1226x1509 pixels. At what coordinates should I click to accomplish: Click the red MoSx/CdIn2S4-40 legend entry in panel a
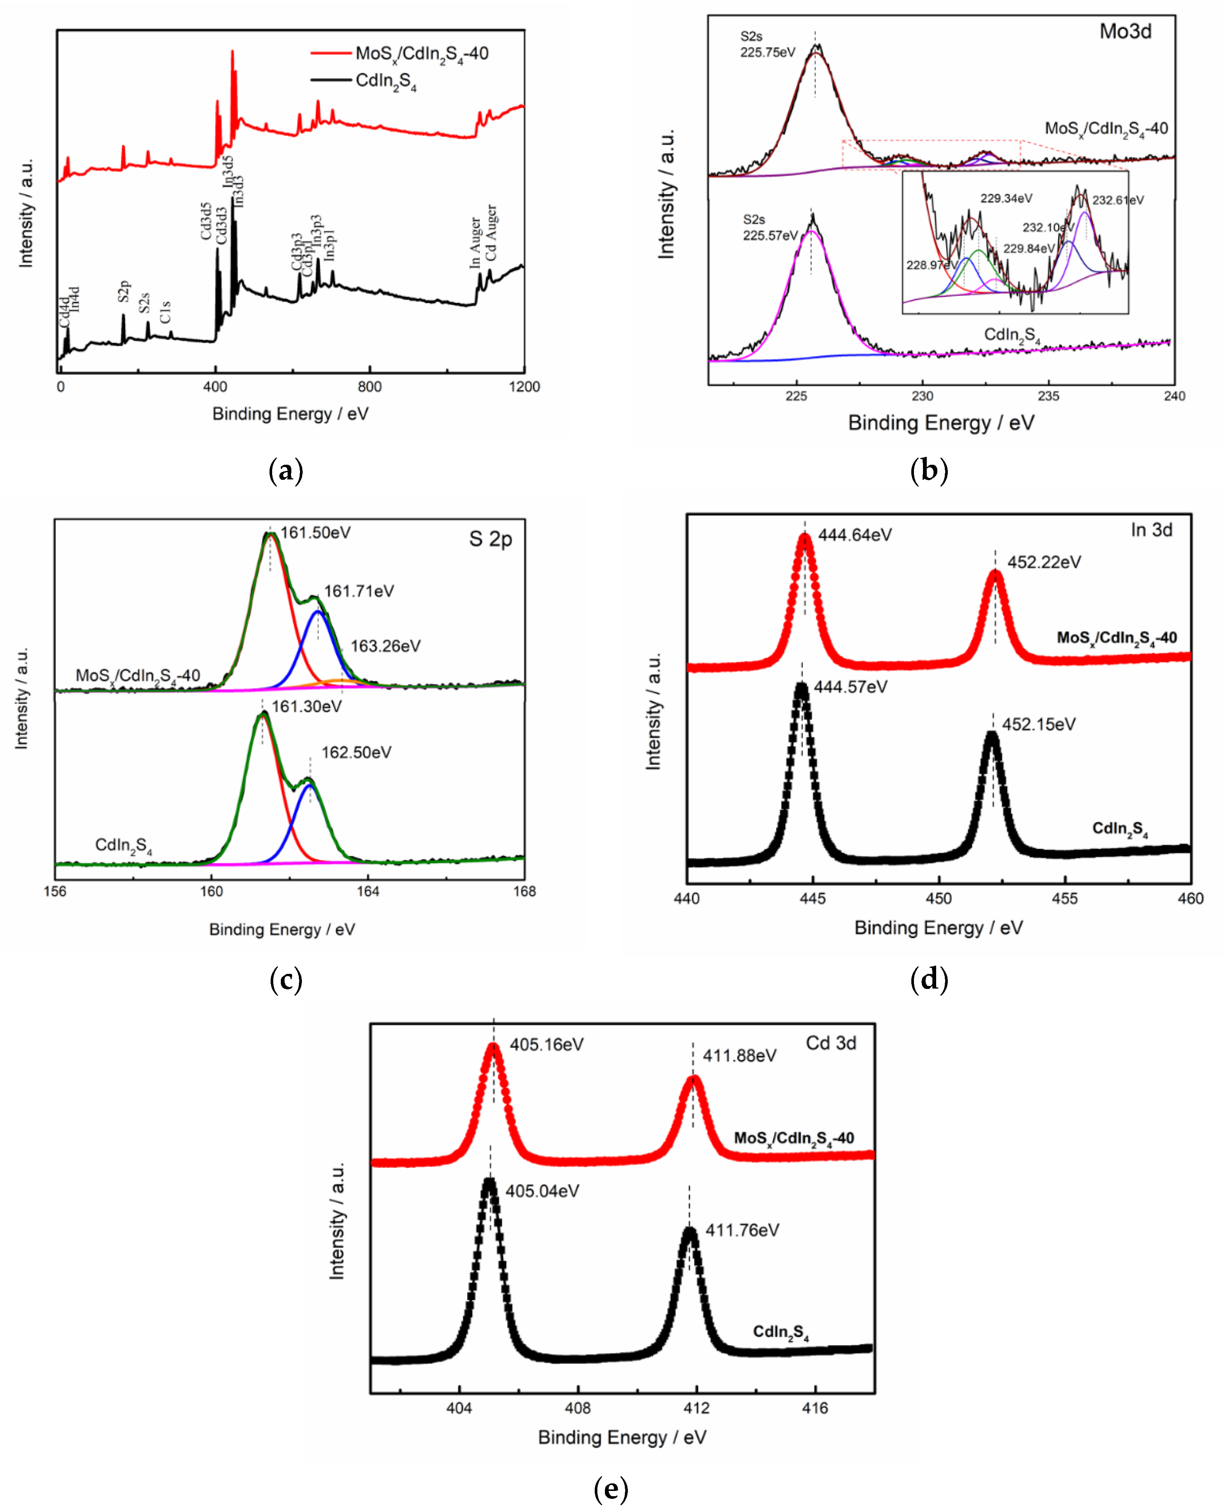pos(422,54)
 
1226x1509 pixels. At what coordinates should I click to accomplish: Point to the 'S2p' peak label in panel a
pos(124,291)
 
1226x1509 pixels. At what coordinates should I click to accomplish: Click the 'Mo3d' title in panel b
pos(1125,32)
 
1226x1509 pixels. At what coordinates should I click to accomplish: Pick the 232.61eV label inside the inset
pos(1118,200)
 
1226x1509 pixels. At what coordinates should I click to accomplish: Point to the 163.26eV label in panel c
pos(385,646)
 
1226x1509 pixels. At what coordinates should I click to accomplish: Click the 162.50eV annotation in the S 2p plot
pos(356,753)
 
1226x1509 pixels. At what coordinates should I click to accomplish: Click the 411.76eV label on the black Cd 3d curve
pos(742,1230)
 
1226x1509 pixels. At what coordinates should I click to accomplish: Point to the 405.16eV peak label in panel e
pos(547,1044)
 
